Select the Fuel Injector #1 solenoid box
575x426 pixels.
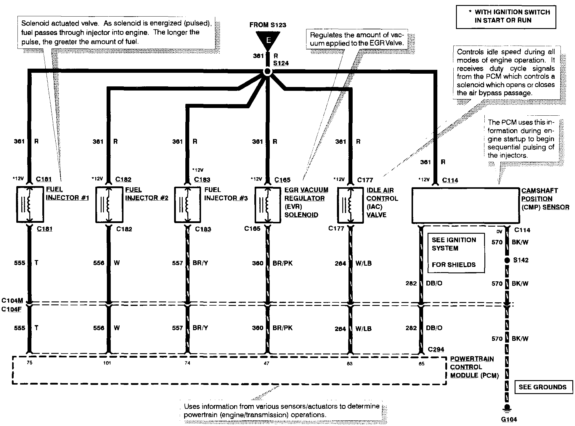click(30, 204)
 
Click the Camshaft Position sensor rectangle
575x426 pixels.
click(465, 206)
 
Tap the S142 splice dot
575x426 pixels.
click(507, 260)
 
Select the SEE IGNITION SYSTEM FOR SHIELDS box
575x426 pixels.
click(456, 252)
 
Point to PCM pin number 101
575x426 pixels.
click(107, 363)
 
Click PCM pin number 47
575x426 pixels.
click(266, 363)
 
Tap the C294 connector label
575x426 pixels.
click(436, 349)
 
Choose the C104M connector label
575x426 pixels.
click(12, 301)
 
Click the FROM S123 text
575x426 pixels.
click(268, 25)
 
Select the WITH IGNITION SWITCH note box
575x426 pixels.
click(506, 17)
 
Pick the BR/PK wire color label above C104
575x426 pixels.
click(282, 263)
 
